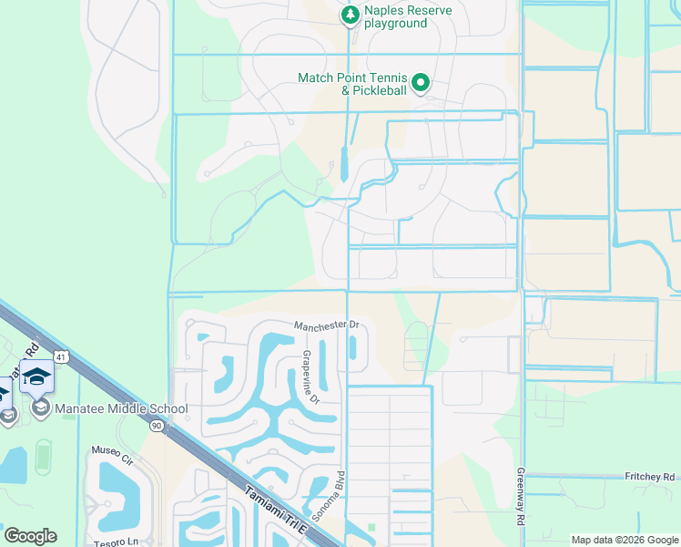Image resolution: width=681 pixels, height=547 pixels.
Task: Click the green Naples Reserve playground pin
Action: (x=350, y=15)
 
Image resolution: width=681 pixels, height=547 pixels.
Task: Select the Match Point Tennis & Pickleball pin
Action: (x=420, y=84)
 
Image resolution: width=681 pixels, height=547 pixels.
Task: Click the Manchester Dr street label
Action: (x=327, y=325)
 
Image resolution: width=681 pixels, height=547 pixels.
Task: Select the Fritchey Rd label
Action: (x=651, y=477)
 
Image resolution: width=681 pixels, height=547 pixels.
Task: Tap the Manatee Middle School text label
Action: (x=121, y=409)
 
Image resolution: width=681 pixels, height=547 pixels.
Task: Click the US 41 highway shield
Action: (x=59, y=357)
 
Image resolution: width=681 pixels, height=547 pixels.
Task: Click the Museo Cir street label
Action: (x=112, y=450)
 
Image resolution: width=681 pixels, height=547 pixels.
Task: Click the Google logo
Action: (x=30, y=536)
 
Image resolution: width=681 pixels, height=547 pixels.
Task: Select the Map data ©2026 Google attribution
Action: (x=624, y=540)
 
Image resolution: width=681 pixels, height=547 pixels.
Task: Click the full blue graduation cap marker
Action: (x=36, y=377)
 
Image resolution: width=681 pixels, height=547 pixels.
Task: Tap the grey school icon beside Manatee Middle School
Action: (x=40, y=408)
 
